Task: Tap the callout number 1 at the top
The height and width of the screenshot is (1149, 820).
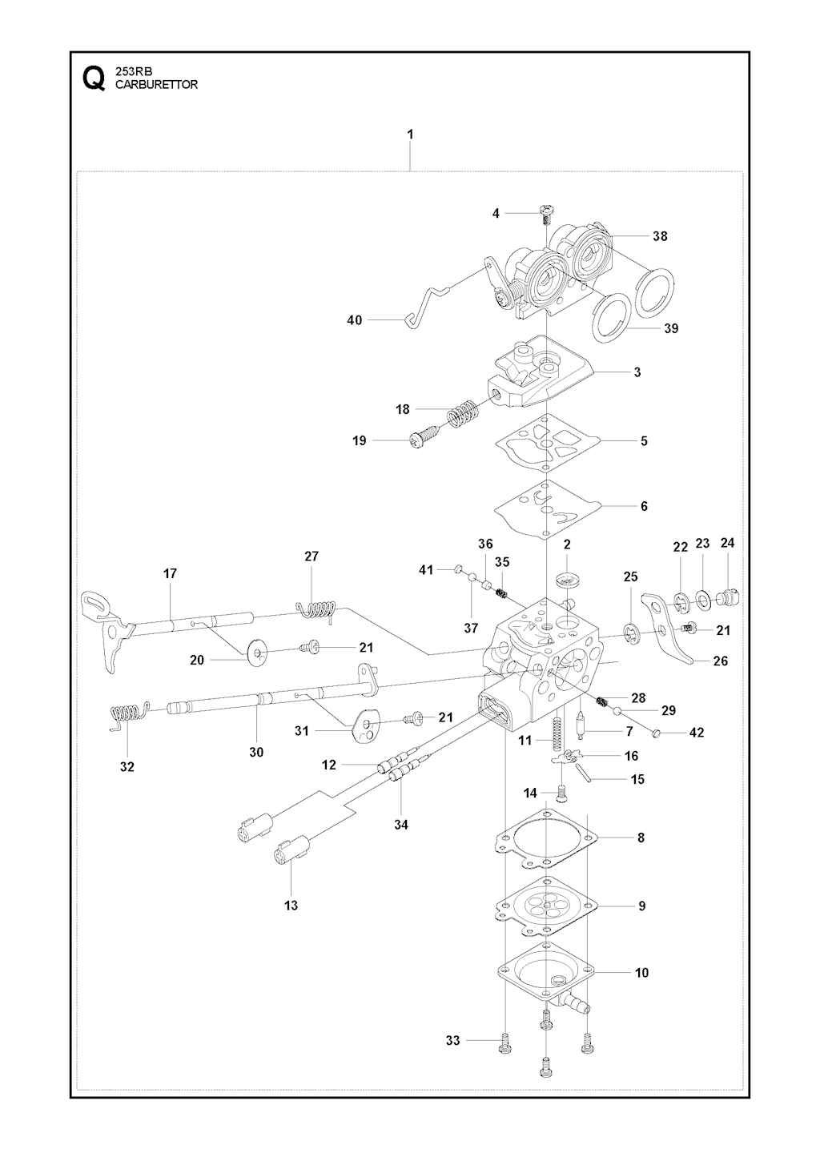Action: [x=410, y=135]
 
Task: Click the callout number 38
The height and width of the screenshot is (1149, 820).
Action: [x=660, y=236]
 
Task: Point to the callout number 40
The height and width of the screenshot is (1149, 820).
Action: [x=354, y=320]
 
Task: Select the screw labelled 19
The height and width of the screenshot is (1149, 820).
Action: [x=422, y=439]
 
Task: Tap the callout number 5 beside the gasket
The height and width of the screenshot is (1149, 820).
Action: [x=644, y=440]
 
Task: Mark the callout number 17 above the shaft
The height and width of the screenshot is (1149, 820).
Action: [x=170, y=573]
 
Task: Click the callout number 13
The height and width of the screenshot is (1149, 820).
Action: [x=291, y=905]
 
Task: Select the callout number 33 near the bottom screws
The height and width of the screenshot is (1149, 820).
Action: [x=453, y=1040]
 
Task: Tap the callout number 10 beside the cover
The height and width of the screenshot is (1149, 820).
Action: [x=641, y=973]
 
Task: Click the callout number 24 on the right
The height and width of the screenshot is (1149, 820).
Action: [x=727, y=542]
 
